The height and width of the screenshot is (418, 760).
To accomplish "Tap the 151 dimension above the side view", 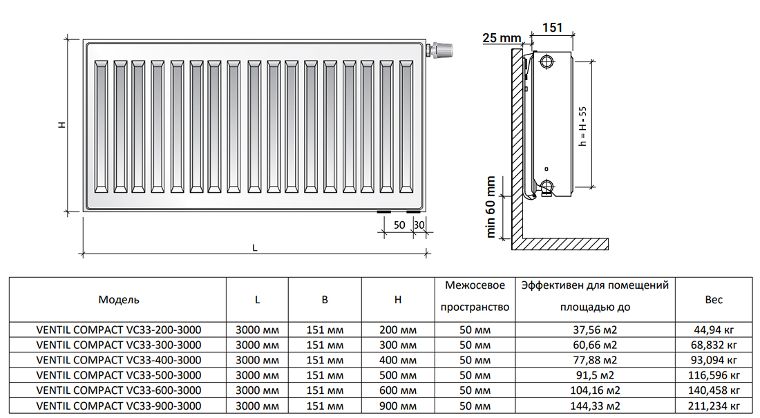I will click(x=551, y=28).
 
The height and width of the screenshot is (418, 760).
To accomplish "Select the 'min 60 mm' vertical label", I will click(x=491, y=207).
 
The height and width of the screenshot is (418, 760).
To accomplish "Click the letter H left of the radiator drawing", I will click(x=61, y=125).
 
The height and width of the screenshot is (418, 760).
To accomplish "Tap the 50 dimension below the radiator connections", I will click(x=399, y=225).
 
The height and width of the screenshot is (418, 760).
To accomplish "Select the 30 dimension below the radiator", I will click(x=418, y=225).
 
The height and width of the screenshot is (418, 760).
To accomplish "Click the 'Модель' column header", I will click(x=119, y=300).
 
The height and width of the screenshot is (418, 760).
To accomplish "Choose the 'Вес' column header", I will click(x=714, y=300).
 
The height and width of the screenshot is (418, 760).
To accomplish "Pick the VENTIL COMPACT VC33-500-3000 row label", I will click(x=119, y=375).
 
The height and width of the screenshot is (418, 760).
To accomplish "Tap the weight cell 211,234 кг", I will click(x=714, y=406).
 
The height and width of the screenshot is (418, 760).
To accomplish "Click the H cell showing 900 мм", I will click(x=398, y=406).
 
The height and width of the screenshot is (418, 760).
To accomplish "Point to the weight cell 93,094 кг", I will click(x=714, y=360).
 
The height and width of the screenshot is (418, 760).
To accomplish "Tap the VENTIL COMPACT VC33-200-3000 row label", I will click(x=119, y=330).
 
